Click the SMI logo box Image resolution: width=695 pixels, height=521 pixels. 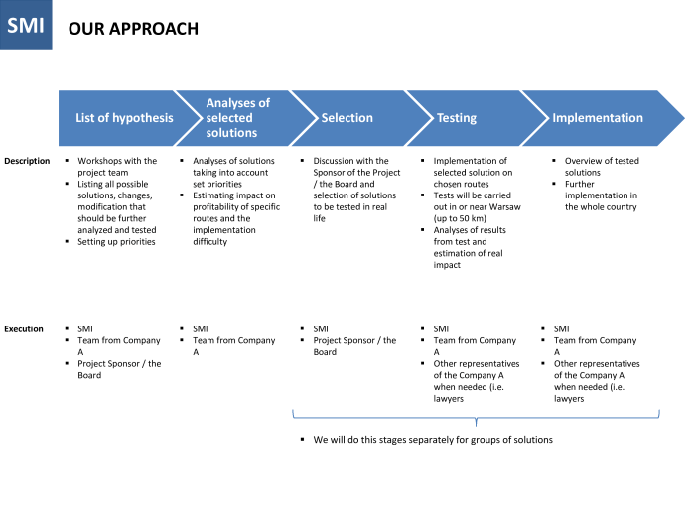coord(26,26)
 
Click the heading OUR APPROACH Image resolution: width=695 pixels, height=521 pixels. coord(133,30)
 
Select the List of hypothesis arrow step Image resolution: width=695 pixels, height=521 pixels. coord(124,118)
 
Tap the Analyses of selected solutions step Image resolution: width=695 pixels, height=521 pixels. coord(237,118)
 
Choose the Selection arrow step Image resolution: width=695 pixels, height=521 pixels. coord(347,118)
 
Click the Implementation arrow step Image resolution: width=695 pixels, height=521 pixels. coord(598,118)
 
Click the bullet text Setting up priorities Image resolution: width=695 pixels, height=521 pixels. coord(116,242)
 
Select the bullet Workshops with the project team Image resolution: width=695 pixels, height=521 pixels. coord(117,167)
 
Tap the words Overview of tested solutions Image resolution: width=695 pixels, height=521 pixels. coord(602,167)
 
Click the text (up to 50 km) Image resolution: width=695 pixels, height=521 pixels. coord(466,218)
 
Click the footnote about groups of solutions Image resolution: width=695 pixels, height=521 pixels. coord(432,440)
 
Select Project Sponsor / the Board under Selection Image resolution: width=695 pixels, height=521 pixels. coord(354,346)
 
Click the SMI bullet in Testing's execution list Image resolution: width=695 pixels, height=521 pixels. coord(442,328)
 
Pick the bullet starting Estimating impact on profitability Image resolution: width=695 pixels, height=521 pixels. coord(236,207)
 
